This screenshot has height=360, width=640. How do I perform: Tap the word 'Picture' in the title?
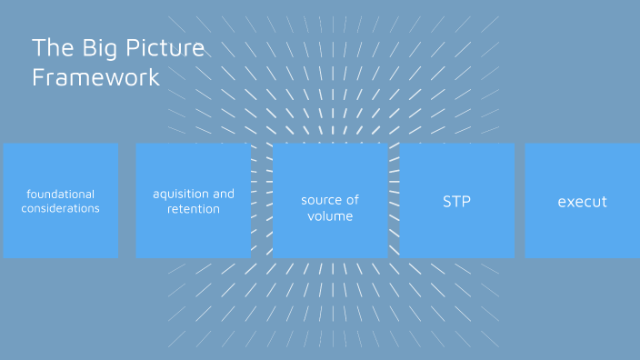[160, 47]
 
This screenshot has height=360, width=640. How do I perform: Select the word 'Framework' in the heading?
[95, 77]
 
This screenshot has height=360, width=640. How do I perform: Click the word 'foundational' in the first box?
[60, 194]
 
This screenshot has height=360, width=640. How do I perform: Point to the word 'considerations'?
[60, 208]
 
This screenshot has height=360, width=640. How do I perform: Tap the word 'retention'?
[193, 209]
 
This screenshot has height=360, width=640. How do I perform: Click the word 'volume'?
[330, 216]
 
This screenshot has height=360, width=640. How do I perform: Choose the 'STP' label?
[456, 201]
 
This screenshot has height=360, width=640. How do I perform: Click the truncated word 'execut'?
[582, 202]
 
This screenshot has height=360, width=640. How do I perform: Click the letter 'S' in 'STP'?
[446, 201]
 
